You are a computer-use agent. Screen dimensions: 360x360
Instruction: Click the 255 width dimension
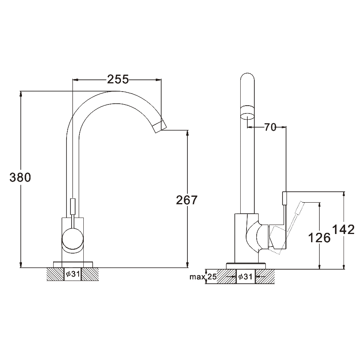(118, 79)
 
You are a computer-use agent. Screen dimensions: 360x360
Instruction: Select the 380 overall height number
(20, 178)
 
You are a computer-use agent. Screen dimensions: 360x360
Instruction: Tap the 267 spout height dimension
(187, 200)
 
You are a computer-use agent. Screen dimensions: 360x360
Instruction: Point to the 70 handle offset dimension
(270, 127)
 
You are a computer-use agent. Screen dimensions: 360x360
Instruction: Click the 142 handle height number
(344, 229)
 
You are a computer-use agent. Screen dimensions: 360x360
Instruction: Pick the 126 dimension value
(319, 238)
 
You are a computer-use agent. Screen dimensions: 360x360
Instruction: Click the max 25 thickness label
(203, 277)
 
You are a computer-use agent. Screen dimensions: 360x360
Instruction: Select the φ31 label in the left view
(73, 274)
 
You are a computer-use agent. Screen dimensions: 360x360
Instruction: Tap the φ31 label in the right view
(245, 277)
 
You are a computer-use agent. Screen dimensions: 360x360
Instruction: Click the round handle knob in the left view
(72, 239)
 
